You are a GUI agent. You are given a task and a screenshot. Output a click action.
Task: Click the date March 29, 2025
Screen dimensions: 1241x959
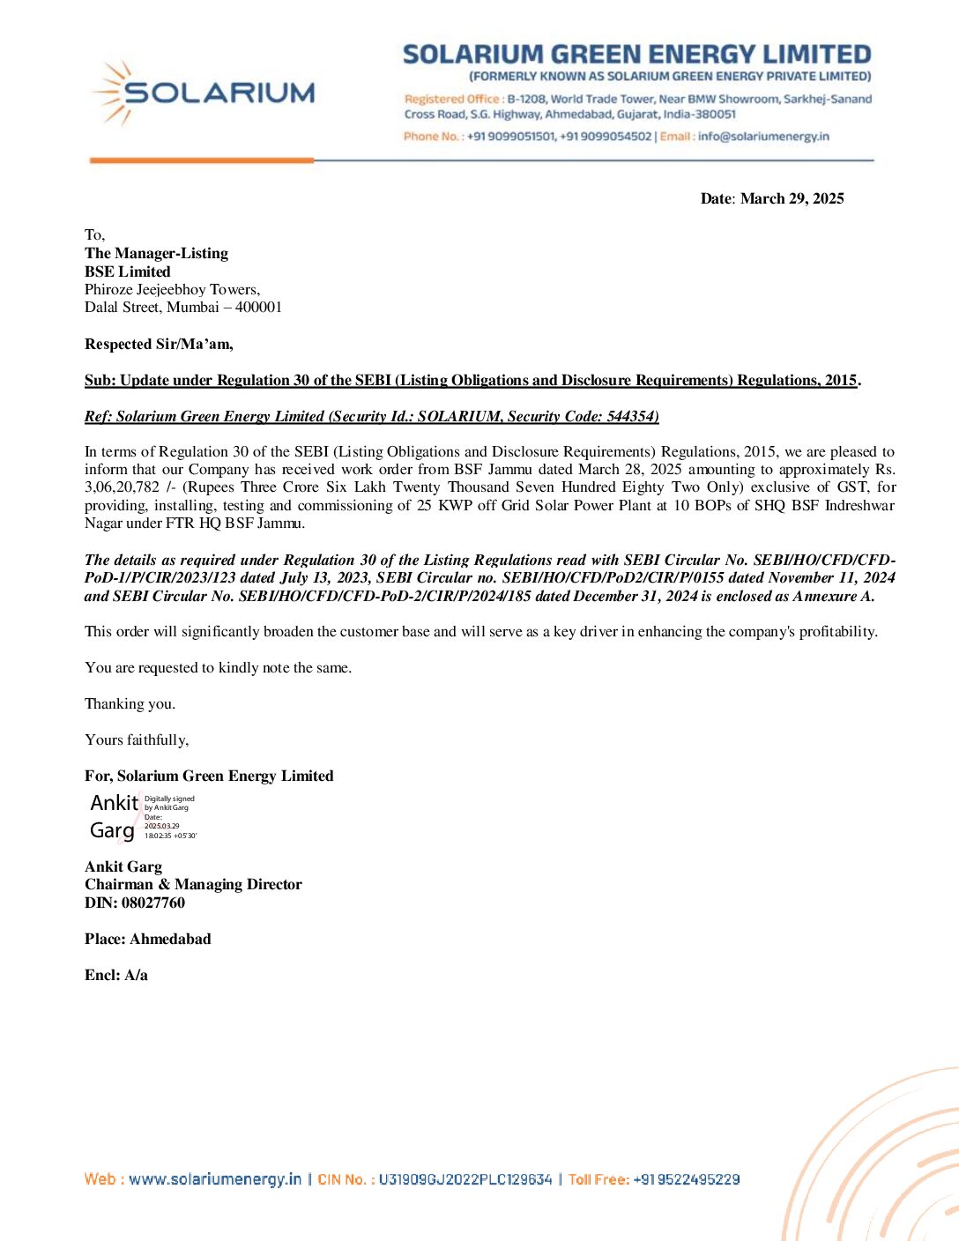pyautogui.click(x=792, y=198)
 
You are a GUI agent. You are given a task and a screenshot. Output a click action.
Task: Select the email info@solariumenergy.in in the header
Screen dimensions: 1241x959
pyautogui.click(x=763, y=137)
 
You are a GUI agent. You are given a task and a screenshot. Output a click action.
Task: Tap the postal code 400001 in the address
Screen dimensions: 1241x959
pyautogui.click(x=258, y=308)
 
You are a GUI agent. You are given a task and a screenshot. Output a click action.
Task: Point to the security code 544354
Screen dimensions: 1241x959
pyautogui.click(x=632, y=416)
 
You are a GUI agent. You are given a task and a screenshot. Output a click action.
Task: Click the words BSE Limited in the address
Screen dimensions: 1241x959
pyautogui.click(x=128, y=271)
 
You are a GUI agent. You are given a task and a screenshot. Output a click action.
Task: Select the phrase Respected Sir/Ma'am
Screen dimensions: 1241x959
pyautogui.click(x=159, y=344)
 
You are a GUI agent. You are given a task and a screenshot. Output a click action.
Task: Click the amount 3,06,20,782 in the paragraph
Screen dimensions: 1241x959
pyautogui.click(x=122, y=487)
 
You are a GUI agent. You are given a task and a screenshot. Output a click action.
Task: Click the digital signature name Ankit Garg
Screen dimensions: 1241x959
pyautogui.click(x=114, y=816)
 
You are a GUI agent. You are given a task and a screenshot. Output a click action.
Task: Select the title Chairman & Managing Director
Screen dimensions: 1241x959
pyautogui.click(x=193, y=884)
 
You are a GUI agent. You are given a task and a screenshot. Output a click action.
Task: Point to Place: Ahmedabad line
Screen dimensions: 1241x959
pyautogui.click(x=147, y=939)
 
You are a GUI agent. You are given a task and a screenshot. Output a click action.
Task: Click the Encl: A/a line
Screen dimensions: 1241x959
pyautogui.click(x=116, y=975)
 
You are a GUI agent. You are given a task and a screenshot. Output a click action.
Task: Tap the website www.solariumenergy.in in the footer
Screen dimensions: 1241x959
pyautogui.click(x=215, y=1179)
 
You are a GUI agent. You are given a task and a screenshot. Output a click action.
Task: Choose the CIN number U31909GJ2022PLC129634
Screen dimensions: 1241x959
pyautogui.click(x=465, y=1179)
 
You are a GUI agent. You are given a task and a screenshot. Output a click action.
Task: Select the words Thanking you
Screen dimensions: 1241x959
pyautogui.click(x=130, y=703)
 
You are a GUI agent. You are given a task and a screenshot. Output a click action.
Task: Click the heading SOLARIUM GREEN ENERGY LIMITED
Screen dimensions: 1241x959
pyautogui.click(x=636, y=55)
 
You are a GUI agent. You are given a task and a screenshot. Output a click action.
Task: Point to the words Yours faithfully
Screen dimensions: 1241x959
pyautogui.click(x=137, y=739)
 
